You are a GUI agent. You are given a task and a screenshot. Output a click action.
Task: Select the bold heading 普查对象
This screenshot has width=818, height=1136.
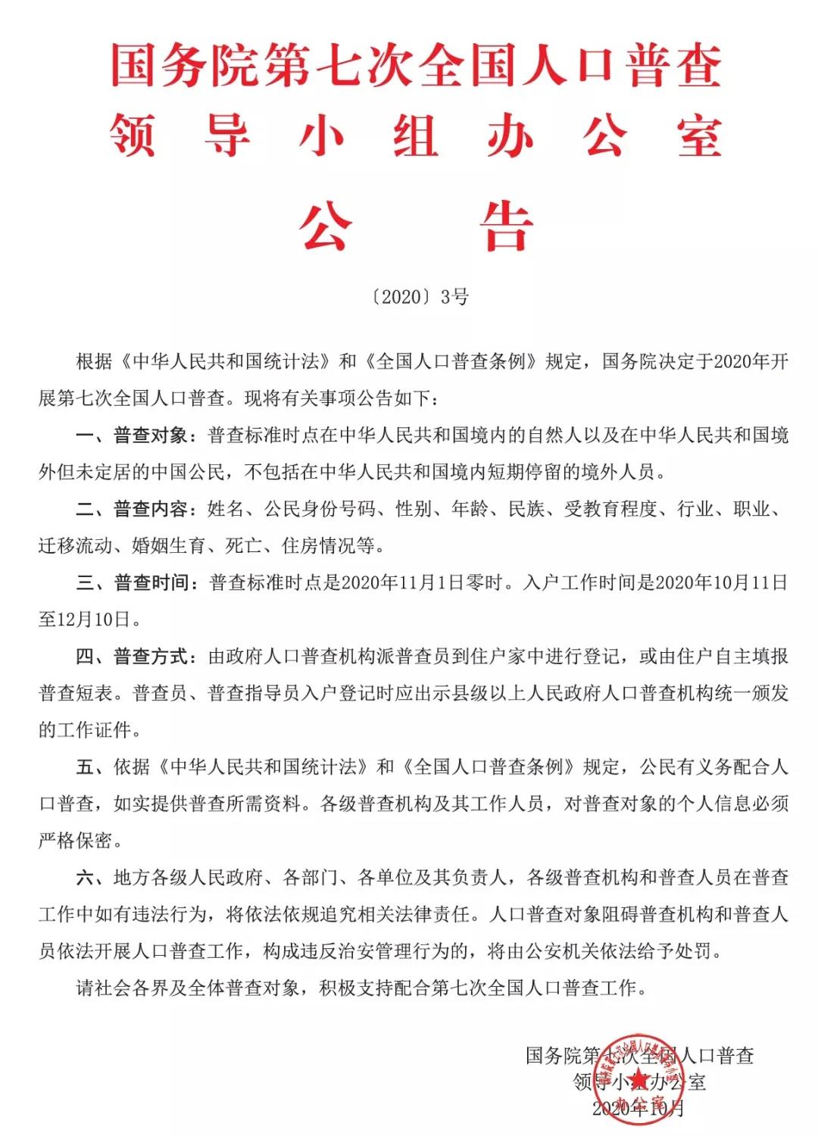click(151, 435)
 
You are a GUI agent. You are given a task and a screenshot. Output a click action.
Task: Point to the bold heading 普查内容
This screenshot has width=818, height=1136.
click(151, 509)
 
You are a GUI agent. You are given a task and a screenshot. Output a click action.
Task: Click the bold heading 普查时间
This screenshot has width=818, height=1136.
click(151, 582)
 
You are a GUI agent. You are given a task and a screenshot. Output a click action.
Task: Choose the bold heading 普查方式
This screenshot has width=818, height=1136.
click(151, 657)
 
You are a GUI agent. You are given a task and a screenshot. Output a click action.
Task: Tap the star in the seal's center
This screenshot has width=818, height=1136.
click(638, 1078)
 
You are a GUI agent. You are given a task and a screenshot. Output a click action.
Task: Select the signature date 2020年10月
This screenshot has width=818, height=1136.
click(638, 1109)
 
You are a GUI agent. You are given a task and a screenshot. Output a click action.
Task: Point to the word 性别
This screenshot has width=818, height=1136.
click(414, 509)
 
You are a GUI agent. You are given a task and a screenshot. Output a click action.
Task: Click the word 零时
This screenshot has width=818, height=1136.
click(485, 582)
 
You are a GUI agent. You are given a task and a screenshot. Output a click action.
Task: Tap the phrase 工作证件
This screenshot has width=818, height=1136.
click(95, 730)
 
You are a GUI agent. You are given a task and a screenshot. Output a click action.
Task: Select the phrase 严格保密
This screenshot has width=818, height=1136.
click(76, 841)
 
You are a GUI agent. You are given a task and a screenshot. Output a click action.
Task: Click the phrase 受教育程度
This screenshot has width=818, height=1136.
click(610, 509)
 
